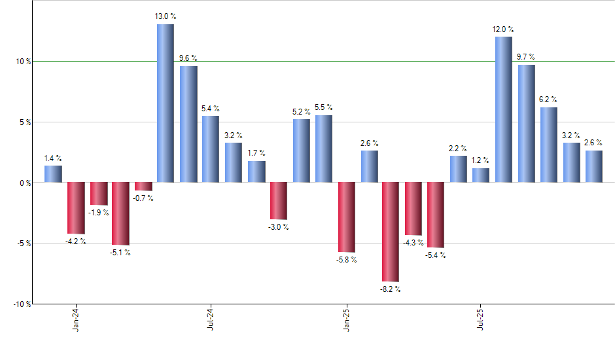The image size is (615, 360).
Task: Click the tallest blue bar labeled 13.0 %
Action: pos(165,103)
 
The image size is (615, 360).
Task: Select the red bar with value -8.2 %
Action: pos(391,232)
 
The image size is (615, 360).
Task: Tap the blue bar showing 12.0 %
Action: pos(503,109)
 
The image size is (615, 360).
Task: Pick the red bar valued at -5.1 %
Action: pos(120,213)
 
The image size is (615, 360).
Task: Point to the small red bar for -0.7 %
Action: pos(143,187)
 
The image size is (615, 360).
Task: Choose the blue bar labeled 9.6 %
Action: pos(188,124)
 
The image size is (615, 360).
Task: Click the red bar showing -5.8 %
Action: pos(346,217)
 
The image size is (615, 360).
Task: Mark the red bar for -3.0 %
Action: pos(279,201)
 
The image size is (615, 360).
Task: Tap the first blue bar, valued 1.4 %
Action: pos(53,174)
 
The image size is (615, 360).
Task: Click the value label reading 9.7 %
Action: pos(526,58)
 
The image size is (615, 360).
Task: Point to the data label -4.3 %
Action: pos(413,243)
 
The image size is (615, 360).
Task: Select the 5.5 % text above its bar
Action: pos(323,107)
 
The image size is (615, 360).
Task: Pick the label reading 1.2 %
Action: pos(481,160)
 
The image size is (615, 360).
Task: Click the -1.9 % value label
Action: pos(99,213)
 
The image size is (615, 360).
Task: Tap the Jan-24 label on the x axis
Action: pos(76,319)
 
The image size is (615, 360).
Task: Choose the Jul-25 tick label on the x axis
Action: pos(481,319)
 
